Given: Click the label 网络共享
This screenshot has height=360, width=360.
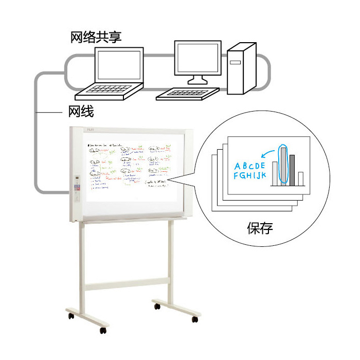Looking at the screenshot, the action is coord(96,38).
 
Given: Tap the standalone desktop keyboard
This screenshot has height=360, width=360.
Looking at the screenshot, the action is coord(187,94).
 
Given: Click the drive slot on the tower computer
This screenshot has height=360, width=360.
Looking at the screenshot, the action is coord(235,62).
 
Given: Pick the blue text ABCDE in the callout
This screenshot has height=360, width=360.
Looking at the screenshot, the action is coord(250,166).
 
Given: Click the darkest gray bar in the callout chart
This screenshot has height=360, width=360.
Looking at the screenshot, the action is coord(292,170).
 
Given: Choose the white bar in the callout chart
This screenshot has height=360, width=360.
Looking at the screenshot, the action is coord(301,178).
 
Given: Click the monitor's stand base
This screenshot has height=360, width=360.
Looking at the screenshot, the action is coord(197,80).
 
